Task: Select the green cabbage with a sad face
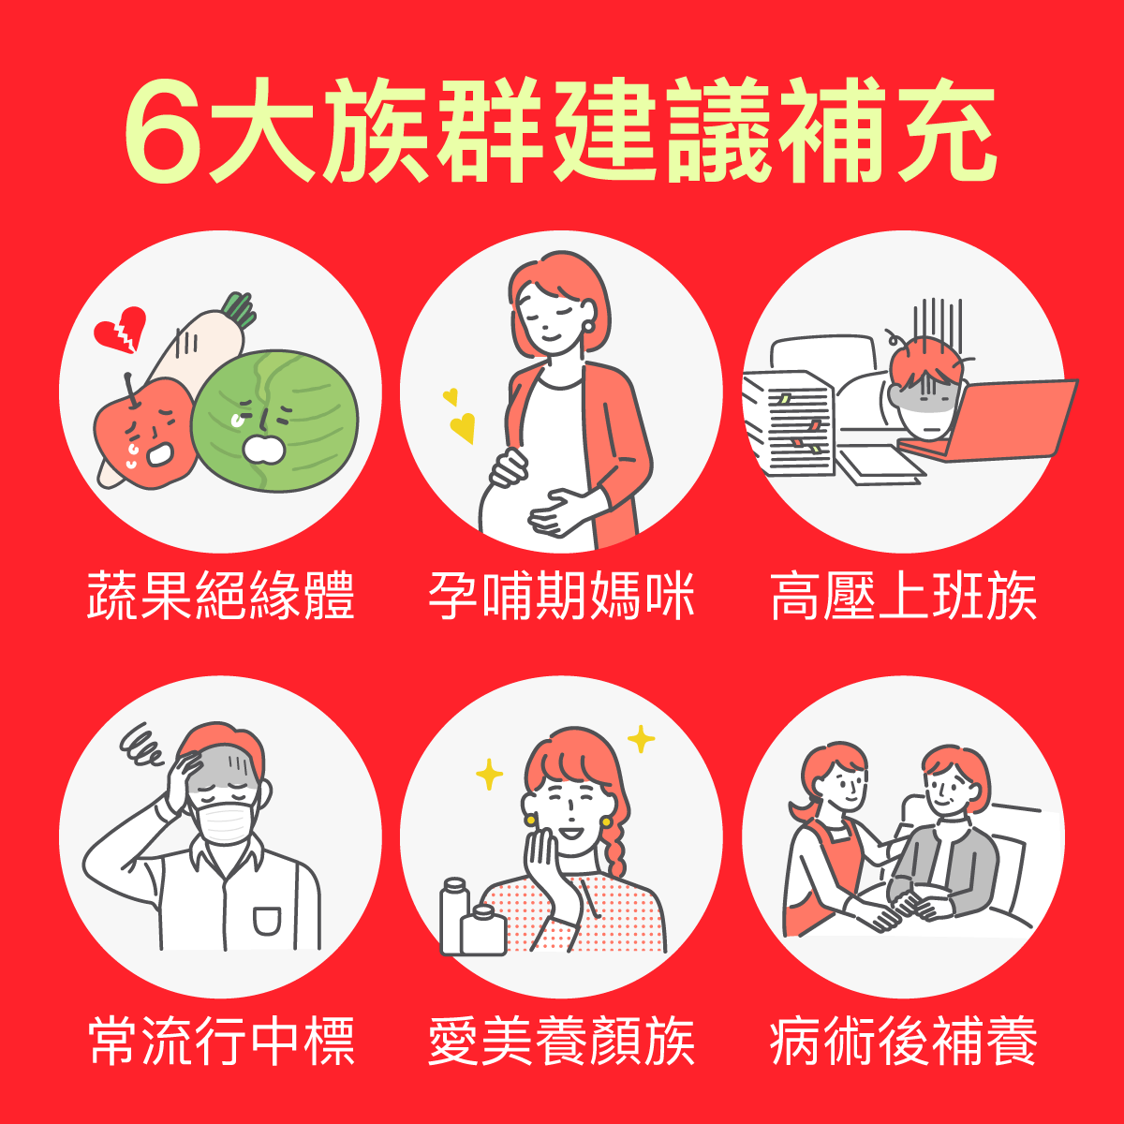point(274,421)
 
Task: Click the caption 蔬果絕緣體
point(221,595)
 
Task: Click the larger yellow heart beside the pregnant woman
point(462,428)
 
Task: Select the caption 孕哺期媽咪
point(562,595)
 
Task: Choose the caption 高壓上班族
point(904,595)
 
